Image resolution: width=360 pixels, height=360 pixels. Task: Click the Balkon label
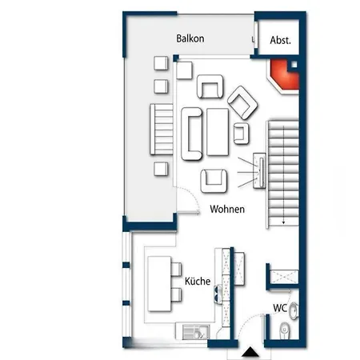(190, 38)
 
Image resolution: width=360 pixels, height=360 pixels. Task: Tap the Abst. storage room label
(280, 40)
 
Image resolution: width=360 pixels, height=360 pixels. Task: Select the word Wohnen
(227, 209)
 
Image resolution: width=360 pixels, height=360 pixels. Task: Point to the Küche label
(198, 281)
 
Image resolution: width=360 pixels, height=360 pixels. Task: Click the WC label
(280, 308)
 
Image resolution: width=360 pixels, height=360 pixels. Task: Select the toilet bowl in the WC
(284, 331)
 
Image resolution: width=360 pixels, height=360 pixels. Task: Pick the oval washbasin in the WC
(294, 310)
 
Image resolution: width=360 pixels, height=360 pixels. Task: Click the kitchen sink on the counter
(196, 332)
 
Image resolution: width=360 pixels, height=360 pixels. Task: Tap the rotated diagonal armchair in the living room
(242, 102)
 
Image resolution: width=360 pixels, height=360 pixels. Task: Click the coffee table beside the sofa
(218, 132)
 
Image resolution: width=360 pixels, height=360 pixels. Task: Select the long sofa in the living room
(192, 134)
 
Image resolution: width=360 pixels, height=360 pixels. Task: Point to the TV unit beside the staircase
(259, 170)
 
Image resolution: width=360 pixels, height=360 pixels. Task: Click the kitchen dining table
(159, 284)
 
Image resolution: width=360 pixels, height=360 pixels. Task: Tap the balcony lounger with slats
(162, 130)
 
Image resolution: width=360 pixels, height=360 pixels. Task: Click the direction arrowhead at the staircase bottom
(283, 222)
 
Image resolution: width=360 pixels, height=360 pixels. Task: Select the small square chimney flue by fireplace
(294, 65)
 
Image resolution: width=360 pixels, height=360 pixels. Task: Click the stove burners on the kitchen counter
(218, 294)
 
